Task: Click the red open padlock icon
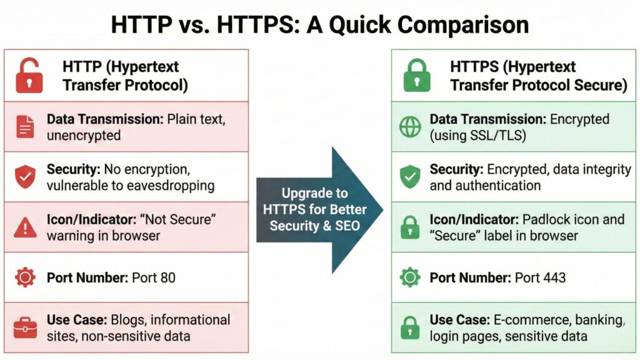coord(29,76)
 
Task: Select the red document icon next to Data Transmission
coord(25,127)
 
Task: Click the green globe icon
coord(410,127)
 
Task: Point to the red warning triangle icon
coord(25,227)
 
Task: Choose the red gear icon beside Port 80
coord(25,277)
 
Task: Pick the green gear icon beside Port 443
coord(410,277)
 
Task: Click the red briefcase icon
coord(25,327)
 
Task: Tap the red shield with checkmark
coord(25,177)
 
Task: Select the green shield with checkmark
coord(410,177)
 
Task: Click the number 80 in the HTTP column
coord(167,277)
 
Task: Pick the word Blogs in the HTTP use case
coord(127,320)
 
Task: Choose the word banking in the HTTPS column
coord(599,320)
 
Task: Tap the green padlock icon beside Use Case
coord(410,327)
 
